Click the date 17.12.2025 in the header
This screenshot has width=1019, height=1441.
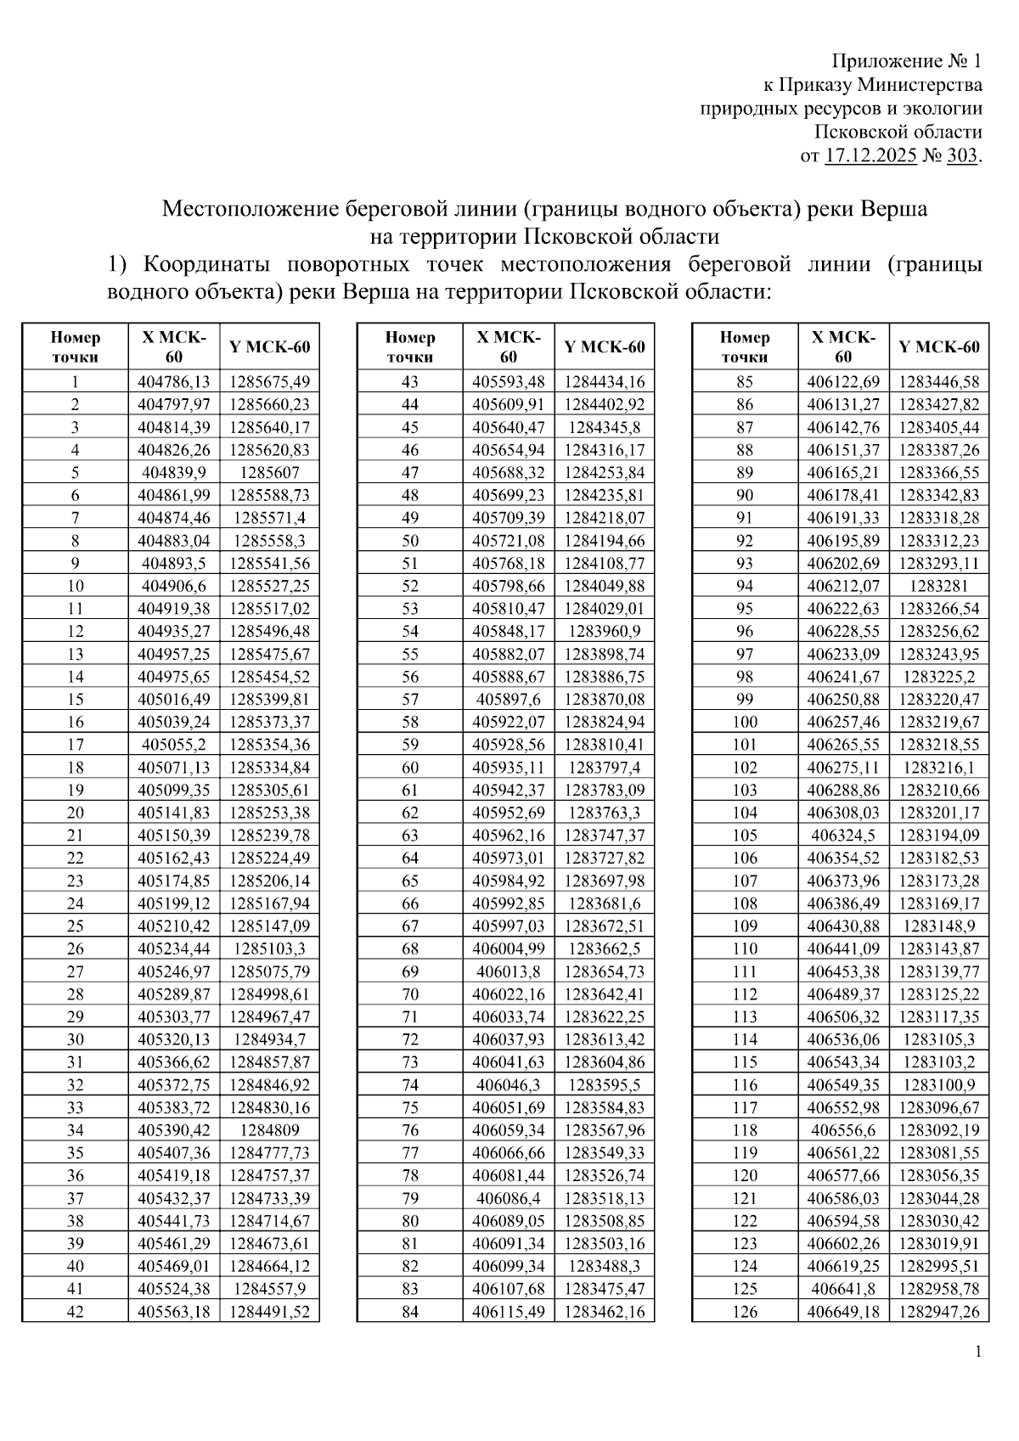(870, 156)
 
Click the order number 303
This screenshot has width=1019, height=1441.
(961, 156)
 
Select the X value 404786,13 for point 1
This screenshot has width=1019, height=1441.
(174, 382)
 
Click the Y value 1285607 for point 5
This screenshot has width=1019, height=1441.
(269, 473)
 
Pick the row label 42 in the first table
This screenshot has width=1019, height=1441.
(75, 1312)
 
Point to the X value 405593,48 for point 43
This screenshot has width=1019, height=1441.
(509, 382)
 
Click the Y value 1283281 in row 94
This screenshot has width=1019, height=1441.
(938, 586)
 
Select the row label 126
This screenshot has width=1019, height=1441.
(744, 1312)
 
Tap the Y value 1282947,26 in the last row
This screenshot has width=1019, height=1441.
(938, 1312)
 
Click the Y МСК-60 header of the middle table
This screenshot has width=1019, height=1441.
(604, 346)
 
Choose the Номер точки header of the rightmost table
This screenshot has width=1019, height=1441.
(744, 346)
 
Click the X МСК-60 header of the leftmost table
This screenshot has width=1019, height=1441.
(174, 346)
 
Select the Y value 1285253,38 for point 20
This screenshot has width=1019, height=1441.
(269, 813)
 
